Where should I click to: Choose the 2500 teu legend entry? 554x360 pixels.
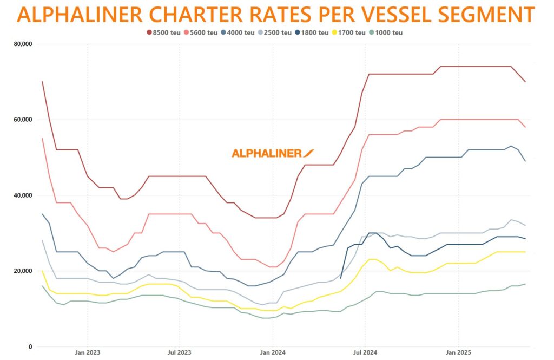tap(275, 32)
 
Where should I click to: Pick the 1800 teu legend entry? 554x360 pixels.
tap(312, 32)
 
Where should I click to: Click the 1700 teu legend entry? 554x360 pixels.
tap(349, 32)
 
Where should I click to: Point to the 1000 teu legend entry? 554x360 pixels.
tap(386, 32)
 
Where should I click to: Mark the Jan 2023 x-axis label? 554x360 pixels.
tap(88, 352)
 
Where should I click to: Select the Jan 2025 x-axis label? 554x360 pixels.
tap(459, 352)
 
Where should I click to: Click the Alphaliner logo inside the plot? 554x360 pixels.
tap(273, 153)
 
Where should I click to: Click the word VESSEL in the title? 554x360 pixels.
tap(375, 14)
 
